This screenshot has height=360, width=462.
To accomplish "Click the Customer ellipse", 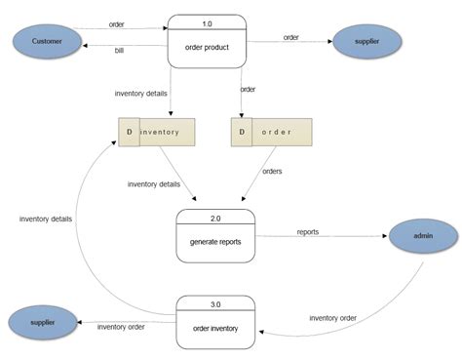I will pos(47,41).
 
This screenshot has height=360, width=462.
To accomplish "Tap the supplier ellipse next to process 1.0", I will pos(366,41).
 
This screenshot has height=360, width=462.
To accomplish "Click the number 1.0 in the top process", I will pos(206,20).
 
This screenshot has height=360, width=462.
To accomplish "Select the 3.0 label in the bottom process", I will pos(214,302).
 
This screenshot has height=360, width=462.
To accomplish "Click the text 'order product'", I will pos(206,46).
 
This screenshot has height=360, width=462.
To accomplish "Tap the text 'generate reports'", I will pos(214,240).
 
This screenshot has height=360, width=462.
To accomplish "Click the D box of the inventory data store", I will pos(129,132).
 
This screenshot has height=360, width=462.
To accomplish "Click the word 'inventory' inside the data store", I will pos(160,132).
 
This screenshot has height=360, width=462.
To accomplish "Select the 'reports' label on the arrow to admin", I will pos(307,231).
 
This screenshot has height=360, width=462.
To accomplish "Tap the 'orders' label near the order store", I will pos(273,170).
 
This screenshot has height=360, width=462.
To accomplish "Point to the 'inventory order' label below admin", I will pos(332,318).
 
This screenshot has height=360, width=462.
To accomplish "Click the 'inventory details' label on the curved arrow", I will pos(45,219).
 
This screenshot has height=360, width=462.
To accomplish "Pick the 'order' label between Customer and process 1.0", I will pos(116,23).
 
